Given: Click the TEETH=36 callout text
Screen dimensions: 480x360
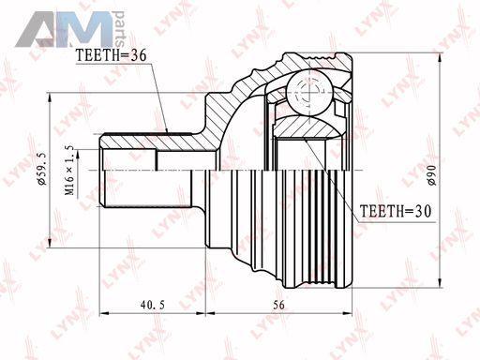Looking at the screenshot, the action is (111, 55).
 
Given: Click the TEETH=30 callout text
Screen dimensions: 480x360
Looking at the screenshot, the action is (396, 211).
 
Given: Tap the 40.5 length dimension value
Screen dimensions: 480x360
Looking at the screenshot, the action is (152, 305).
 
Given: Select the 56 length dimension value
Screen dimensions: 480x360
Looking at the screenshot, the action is (278, 305).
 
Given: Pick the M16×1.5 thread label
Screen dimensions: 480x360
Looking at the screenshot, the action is (69, 171).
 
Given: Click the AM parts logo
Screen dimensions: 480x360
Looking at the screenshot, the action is (69, 29).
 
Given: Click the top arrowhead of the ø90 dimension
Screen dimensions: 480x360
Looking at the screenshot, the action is (441, 58).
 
